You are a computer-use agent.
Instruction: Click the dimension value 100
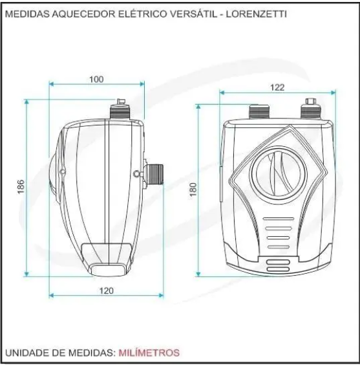coord(96,80)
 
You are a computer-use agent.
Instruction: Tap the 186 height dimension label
coord(21,186)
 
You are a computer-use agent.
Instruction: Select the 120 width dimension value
coord(107,291)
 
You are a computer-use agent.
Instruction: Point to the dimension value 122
coord(277,87)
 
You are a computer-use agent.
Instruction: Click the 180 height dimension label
coord(193,190)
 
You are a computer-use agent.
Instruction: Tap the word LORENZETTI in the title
coord(257,14)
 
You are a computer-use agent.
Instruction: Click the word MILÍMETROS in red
coord(149,353)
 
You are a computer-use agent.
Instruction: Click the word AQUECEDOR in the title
coord(83,14)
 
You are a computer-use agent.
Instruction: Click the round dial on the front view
coord(278,173)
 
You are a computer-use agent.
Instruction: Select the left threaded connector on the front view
coord(259,112)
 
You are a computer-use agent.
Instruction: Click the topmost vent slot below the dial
coord(279,219)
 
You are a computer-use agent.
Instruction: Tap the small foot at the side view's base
coord(108,269)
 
